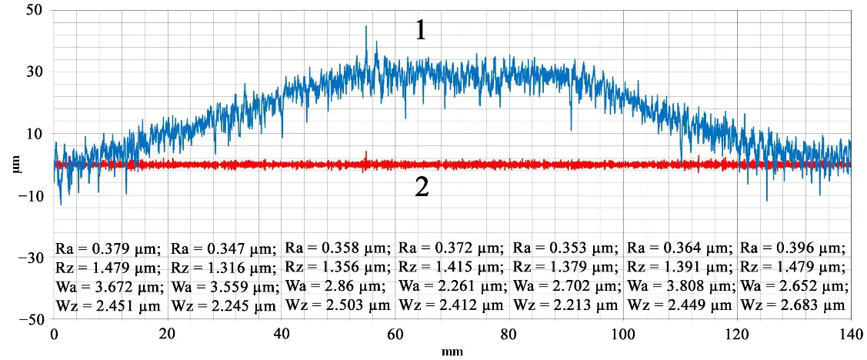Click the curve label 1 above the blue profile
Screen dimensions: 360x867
[420, 31]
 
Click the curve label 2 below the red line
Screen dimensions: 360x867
[422, 188]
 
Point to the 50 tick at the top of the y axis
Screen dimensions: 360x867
[35, 11]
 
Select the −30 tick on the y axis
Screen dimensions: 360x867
[32, 258]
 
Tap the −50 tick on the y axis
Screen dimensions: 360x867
[32, 319]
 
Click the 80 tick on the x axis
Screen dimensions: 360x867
[509, 335]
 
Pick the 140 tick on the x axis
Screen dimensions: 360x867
[850, 335]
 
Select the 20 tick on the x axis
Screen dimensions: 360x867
[168, 335]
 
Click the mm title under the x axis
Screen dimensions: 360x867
[451, 352]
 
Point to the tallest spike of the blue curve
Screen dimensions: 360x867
[366, 27]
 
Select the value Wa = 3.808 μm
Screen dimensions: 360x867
[682, 286]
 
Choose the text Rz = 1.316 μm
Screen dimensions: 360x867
[223, 268]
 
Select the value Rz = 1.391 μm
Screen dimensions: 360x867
[680, 268]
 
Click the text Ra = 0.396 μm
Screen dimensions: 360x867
[792, 248]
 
